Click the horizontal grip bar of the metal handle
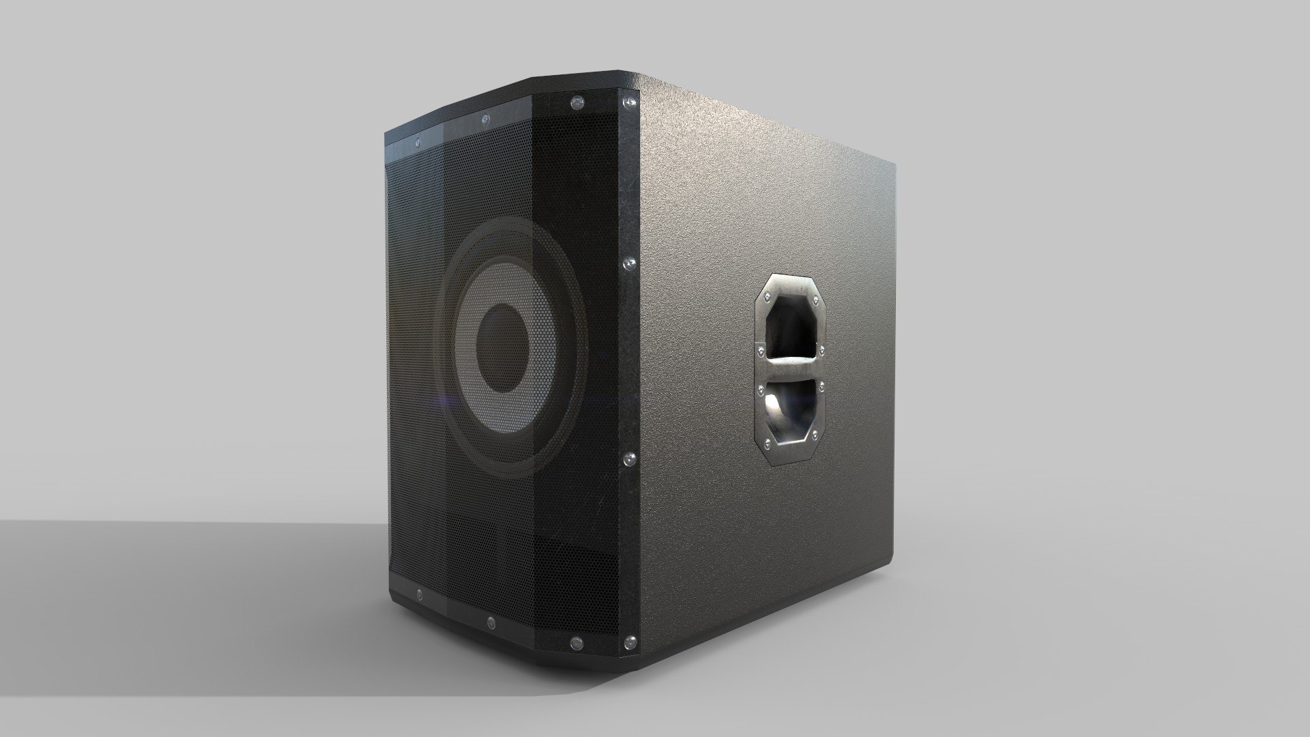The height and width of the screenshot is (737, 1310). click(791, 369)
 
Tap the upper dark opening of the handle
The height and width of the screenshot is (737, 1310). click(791, 328)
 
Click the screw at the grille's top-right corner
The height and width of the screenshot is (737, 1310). click(624, 103)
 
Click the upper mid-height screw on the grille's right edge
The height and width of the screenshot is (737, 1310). click(628, 262)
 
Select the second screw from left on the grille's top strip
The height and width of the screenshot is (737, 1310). click(484, 120)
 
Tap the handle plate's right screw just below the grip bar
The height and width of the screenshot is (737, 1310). click(821, 386)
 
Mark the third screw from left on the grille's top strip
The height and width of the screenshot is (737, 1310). click(578, 103)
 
